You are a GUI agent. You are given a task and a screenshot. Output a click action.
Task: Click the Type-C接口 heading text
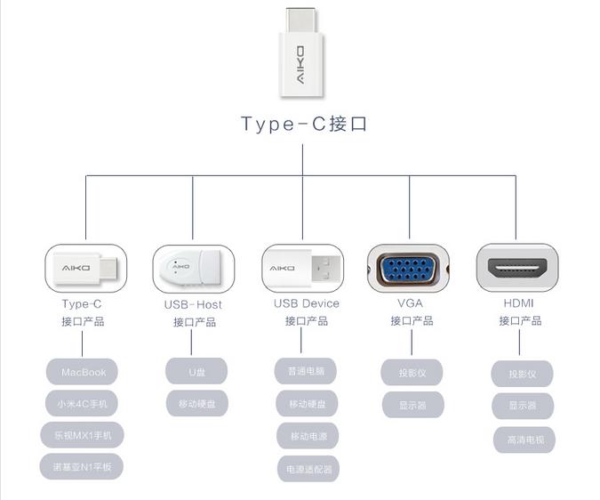click(x=304, y=124)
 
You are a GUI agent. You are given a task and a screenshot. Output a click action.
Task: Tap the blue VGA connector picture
click(x=408, y=269)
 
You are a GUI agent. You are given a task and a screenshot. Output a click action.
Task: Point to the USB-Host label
click(x=193, y=304)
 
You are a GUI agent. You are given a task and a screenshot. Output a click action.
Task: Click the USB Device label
click(x=306, y=303)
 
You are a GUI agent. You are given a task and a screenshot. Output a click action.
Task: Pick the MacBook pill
click(x=84, y=372)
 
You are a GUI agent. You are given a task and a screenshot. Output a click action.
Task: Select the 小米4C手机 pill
click(x=82, y=403)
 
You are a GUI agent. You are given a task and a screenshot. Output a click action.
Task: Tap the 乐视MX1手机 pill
click(x=82, y=434)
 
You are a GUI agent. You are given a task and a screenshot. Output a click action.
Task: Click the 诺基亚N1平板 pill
click(x=81, y=465)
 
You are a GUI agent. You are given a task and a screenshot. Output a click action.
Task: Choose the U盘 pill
click(x=196, y=371)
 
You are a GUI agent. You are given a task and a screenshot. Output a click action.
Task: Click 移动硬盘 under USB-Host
click(x=196, y=403)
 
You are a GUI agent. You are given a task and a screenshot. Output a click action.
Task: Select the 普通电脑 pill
click(x=307, y=371)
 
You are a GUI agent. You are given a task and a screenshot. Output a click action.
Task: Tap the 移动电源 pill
click(x=307, y=436)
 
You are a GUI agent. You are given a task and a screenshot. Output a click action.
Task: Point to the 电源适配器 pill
click(x=307, y=468)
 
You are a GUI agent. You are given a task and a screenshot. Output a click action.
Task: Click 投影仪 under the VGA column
click(x=412, y=373)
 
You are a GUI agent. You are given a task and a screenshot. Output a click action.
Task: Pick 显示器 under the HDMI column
click(x=523, y=406)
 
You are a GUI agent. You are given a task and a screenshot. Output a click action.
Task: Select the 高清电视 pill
click(x=524, y=439)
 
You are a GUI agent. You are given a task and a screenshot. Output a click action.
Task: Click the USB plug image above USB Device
click(x=303, y=266)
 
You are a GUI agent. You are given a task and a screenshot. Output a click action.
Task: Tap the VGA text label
click(x=410, y=303)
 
